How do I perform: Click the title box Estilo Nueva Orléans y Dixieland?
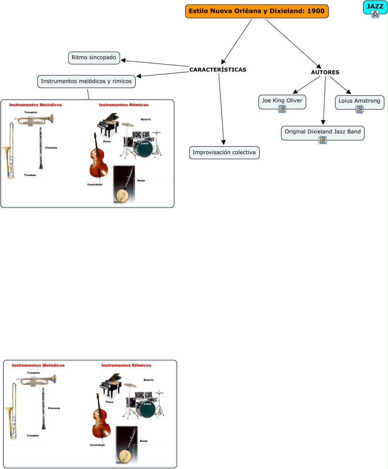pyautogui.click(x=257, y=11)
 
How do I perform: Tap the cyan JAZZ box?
pyautogui.click(x=375, y=7)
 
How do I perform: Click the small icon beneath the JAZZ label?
pyautogui.click(x=375, y=14)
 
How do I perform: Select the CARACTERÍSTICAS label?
pyautogui.click(x=218, y=70)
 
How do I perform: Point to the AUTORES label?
pyautogui.click(x=325, y=72)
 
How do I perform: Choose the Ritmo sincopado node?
pyautogui.click(x=94, y=57)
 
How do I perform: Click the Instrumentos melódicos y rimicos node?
pyautogui.click(x=86, y=81)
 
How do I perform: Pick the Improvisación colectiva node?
pyautogui.click(x=224, y=152)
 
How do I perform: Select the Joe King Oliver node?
pyautogui.click(x=282, y=101)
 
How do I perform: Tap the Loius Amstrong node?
pyautogui.click(x=360, y=101)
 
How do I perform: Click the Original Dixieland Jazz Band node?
pyautogui.click(x=323, y=132)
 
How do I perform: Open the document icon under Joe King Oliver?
pyautogui.click(x=282, y=109)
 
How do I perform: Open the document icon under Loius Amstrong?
pyautogui.click(x=360, y=109)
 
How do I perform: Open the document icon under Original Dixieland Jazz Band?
pyautogui.click(x=323, y=140)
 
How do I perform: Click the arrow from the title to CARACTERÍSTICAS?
pyautogui.click(x=237, y=41)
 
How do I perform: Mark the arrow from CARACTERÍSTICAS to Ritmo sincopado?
pyautogui.click(x=156, y=63)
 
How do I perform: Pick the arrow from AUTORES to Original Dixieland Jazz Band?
pyautogui.click(x=325, y=100)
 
